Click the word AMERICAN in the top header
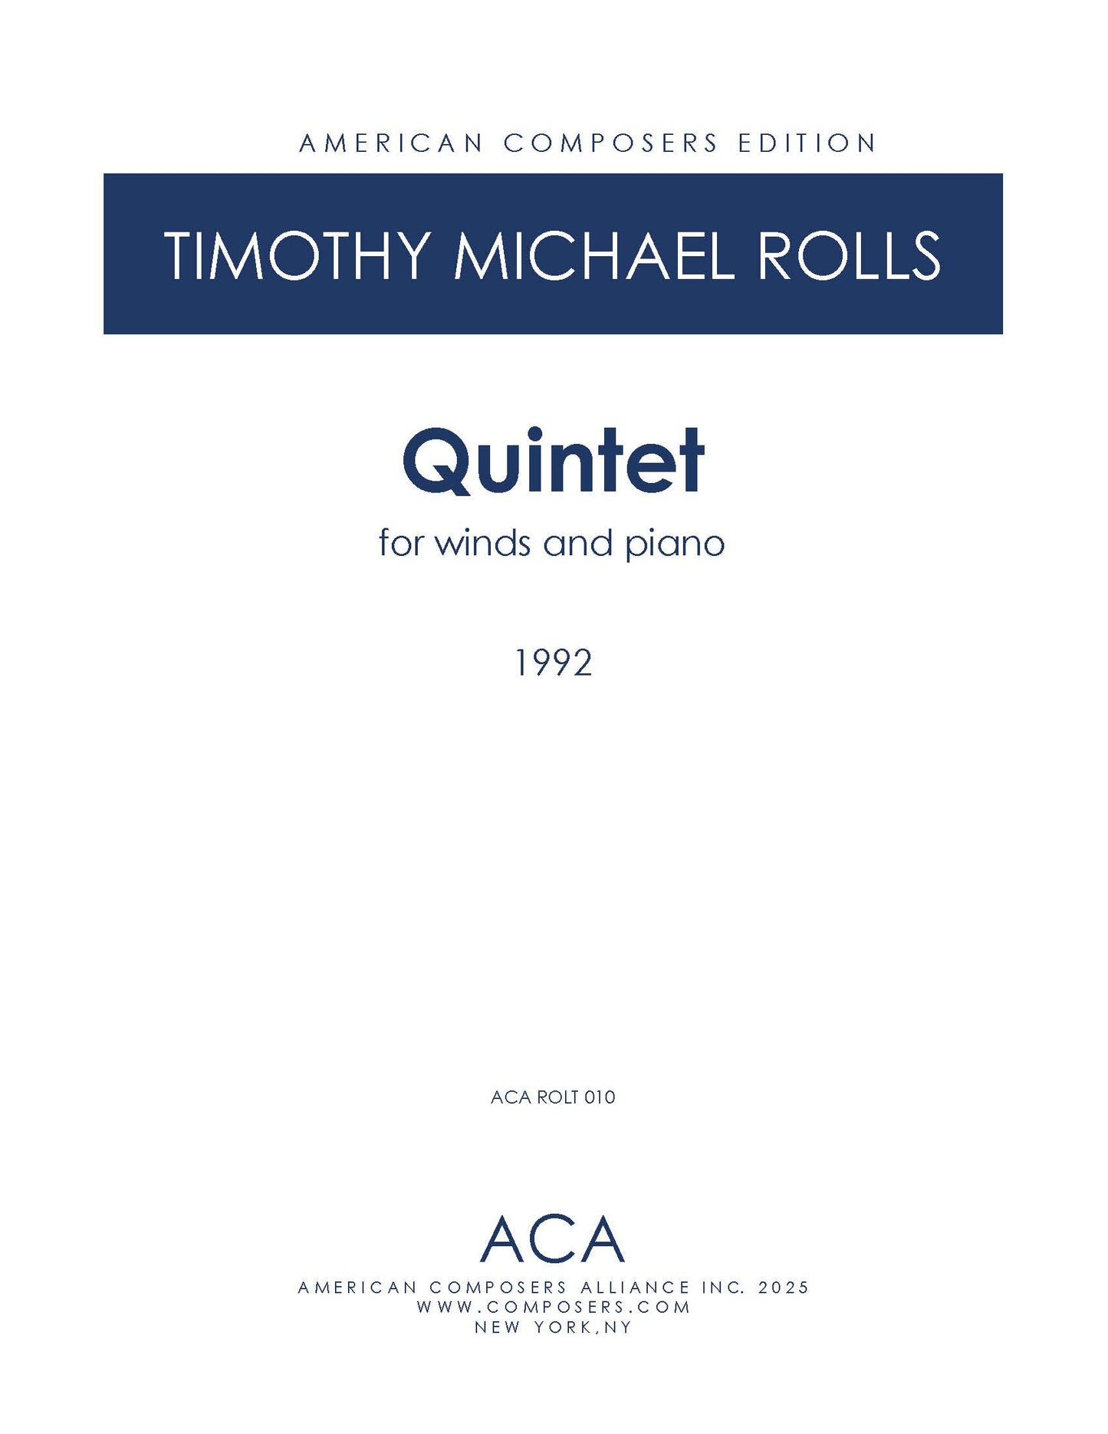point(391,143)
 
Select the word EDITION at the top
point(807,143)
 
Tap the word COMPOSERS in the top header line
point(611,143)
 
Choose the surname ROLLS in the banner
point(850,255)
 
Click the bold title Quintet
point(553,461)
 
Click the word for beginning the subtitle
point(401,543)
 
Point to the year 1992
point(554,663)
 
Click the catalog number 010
point(600,1097)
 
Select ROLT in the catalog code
point(557,1097)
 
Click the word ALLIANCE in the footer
point(636,1288)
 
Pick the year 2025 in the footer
point(784,1288)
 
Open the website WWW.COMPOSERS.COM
point(554,1307)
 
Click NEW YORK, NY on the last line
point(553,1327)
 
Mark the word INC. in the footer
point(724,1288)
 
